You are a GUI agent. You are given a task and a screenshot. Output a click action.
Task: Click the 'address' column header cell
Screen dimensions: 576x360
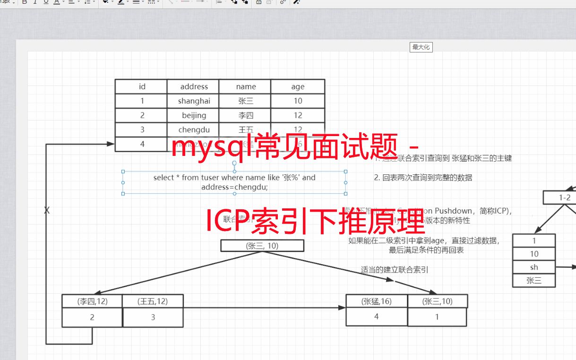194,86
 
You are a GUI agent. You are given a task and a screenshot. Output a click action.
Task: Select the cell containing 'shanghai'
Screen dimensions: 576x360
194,101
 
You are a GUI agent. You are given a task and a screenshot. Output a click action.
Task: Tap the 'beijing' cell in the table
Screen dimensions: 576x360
194,115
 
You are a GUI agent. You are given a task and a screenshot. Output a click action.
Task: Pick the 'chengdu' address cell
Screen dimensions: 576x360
194,129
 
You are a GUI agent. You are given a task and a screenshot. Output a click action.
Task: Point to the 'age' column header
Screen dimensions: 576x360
298,86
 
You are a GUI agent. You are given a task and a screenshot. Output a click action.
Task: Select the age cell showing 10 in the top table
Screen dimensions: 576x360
298,101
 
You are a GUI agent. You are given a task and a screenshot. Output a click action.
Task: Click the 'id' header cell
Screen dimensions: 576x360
142,86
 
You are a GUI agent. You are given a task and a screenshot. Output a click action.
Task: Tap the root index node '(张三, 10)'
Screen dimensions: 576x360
262,246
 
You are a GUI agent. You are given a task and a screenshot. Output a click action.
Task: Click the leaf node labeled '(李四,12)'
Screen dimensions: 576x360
92,301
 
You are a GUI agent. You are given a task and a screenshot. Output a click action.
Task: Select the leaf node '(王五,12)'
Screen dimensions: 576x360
153,301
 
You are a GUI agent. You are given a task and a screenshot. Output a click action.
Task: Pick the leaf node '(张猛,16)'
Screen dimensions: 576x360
377,301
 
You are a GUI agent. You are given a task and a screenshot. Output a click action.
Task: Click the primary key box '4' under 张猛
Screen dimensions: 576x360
377,317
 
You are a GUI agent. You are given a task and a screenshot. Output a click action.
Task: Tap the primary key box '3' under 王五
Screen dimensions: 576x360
153,317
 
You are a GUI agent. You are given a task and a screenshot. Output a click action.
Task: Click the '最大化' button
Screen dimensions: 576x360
421,47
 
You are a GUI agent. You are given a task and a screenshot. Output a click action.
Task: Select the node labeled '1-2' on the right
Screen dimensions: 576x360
565,197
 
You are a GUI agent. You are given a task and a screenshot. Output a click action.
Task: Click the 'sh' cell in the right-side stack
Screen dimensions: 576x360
534,267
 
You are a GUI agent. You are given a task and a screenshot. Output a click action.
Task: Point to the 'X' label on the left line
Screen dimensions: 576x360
47,211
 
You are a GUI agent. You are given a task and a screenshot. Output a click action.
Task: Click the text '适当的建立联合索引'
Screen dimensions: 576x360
395,270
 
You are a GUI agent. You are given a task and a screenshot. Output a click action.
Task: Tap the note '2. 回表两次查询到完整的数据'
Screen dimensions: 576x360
423,178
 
